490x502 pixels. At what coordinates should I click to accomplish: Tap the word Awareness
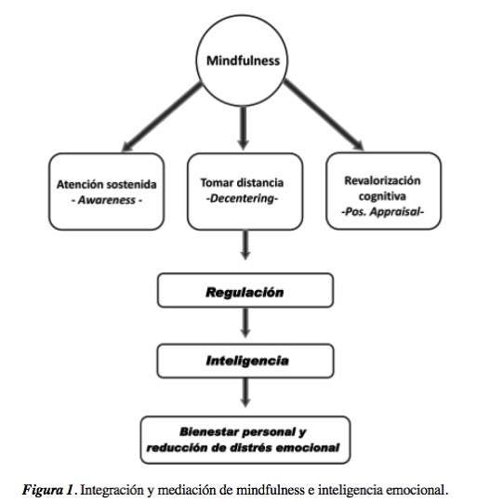(107, 200)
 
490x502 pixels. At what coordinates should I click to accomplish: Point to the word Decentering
(242, 199)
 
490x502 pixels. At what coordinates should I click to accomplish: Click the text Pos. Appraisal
(382, 212)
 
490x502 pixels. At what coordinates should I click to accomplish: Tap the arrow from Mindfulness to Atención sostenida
(162, 117)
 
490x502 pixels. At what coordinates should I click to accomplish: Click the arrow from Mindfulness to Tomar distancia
(243, 128)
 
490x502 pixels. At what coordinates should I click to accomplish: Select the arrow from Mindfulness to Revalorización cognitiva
(324, 114)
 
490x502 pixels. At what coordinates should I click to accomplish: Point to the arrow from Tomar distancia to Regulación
(245, 244)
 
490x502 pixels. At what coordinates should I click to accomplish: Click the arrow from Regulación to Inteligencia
(245, 323)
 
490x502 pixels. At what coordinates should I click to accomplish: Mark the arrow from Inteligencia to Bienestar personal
(245, 393)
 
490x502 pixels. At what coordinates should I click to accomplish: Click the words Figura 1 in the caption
(47, 490)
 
